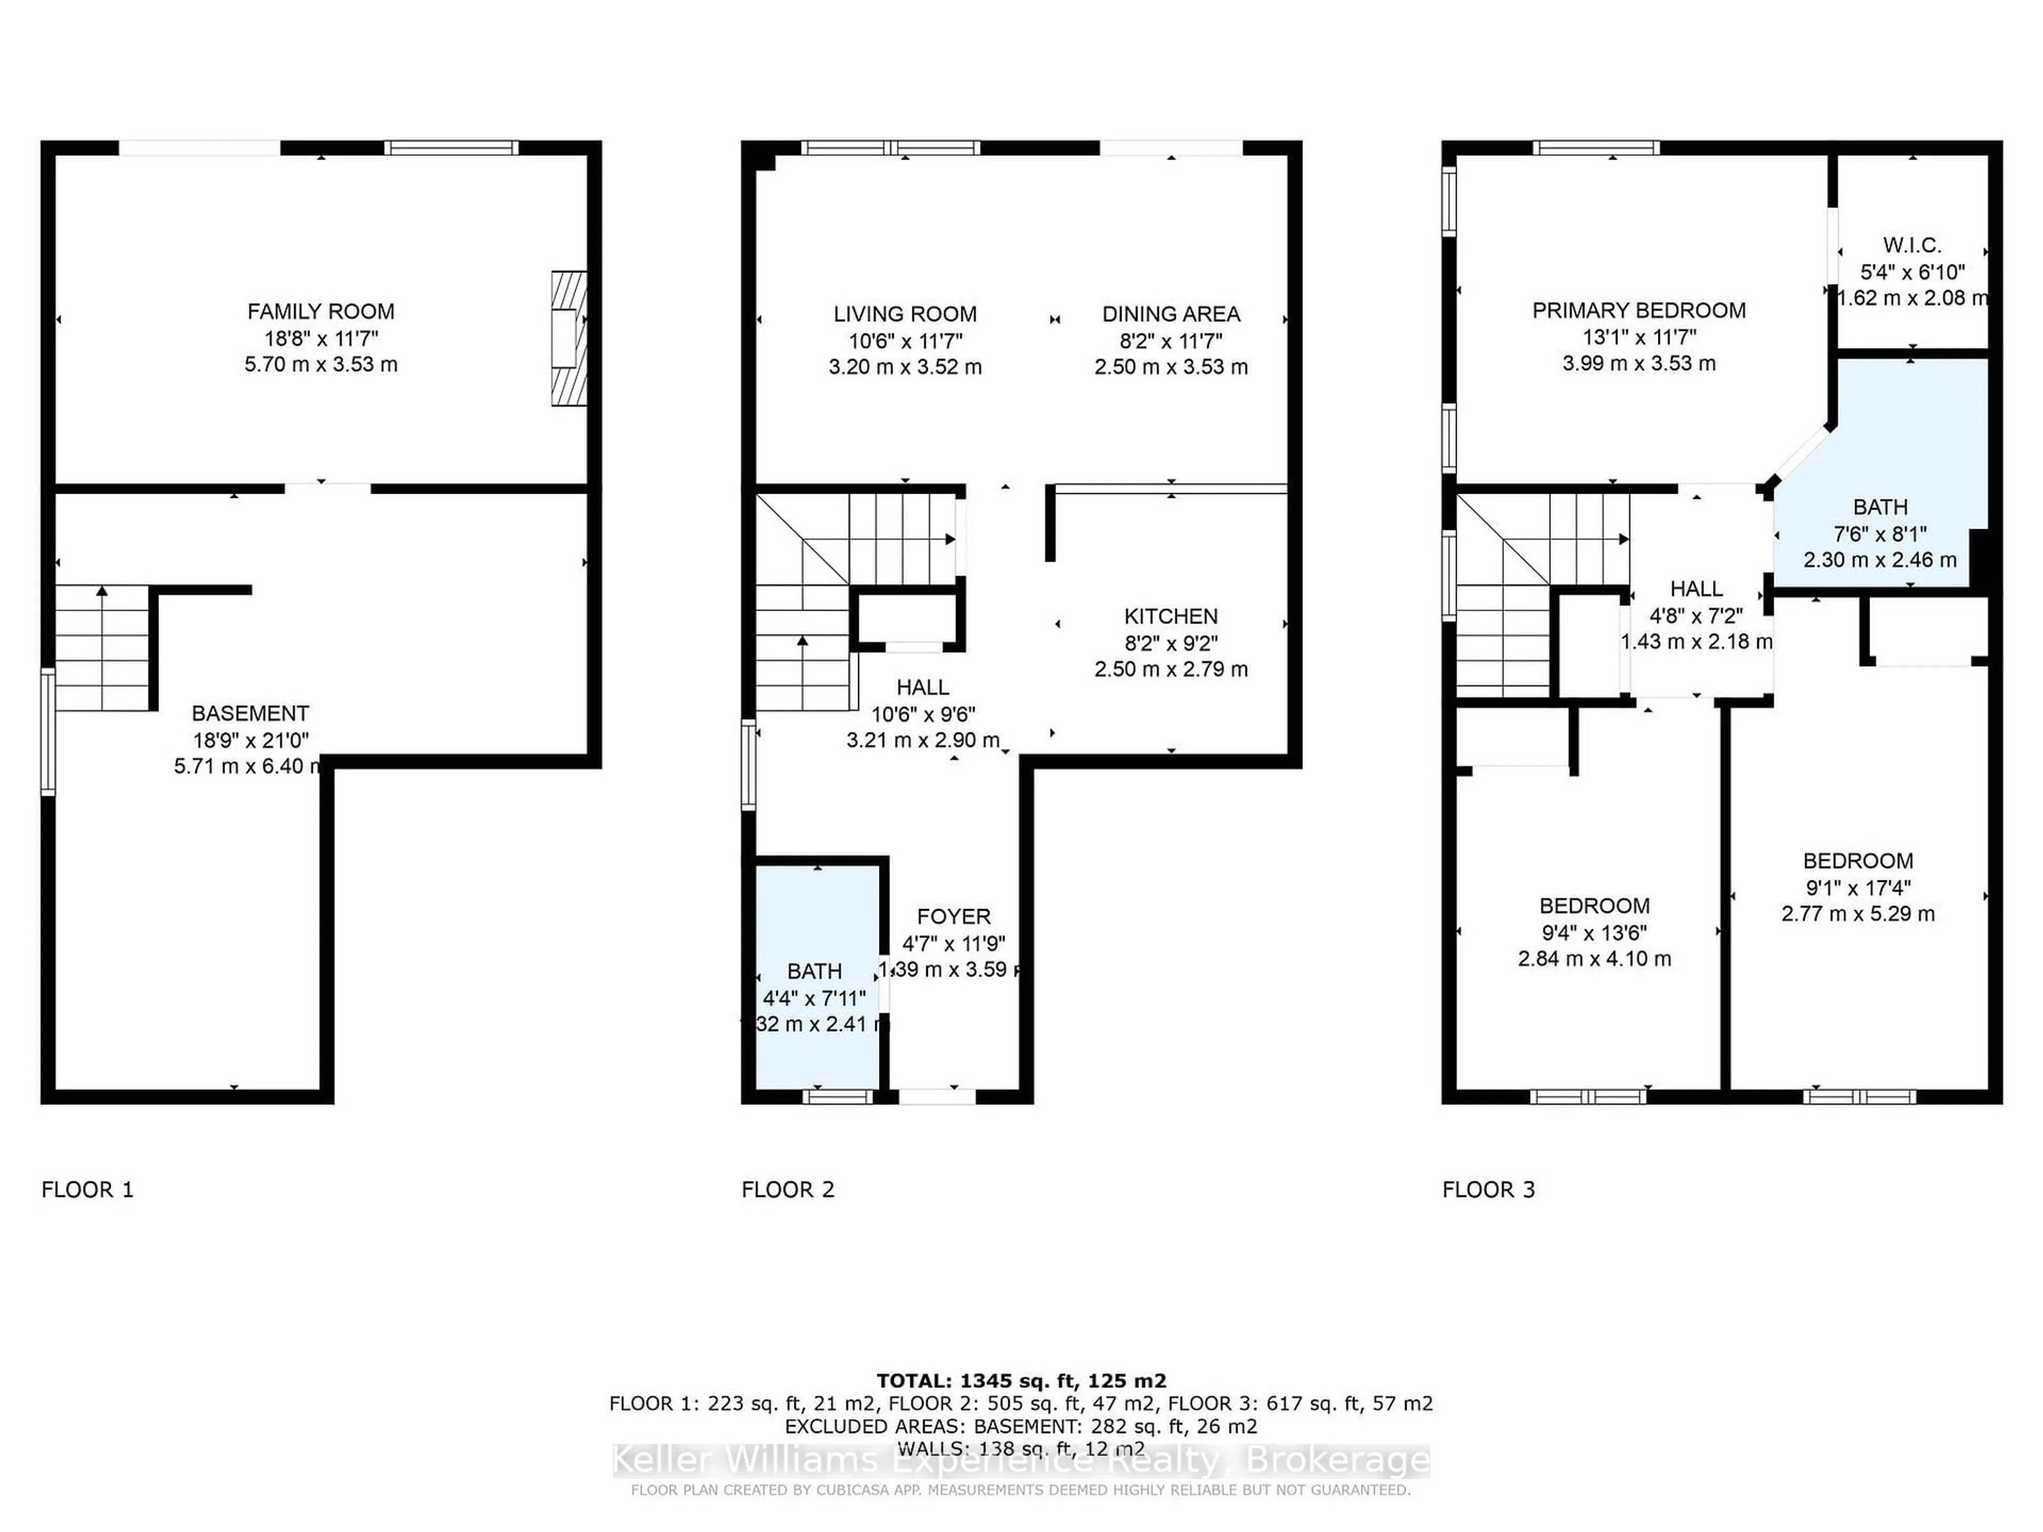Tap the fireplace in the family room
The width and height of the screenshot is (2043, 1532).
568,338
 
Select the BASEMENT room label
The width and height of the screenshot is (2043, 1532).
250,713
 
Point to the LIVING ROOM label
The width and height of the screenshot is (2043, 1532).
904,314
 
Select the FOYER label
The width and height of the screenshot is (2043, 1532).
953,916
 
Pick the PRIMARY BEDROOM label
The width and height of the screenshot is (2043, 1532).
1639,310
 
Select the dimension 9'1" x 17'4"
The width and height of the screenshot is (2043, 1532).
1857,887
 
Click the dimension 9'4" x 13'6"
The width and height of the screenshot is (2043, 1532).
1594,932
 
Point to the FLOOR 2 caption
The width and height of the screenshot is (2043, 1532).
788,1189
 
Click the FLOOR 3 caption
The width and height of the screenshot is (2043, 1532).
1488,1189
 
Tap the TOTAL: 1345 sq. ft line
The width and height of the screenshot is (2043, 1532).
1020,1380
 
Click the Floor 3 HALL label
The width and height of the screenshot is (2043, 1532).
1696,588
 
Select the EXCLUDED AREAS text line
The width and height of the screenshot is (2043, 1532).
1020,1426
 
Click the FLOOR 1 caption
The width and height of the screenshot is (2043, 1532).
88,1189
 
